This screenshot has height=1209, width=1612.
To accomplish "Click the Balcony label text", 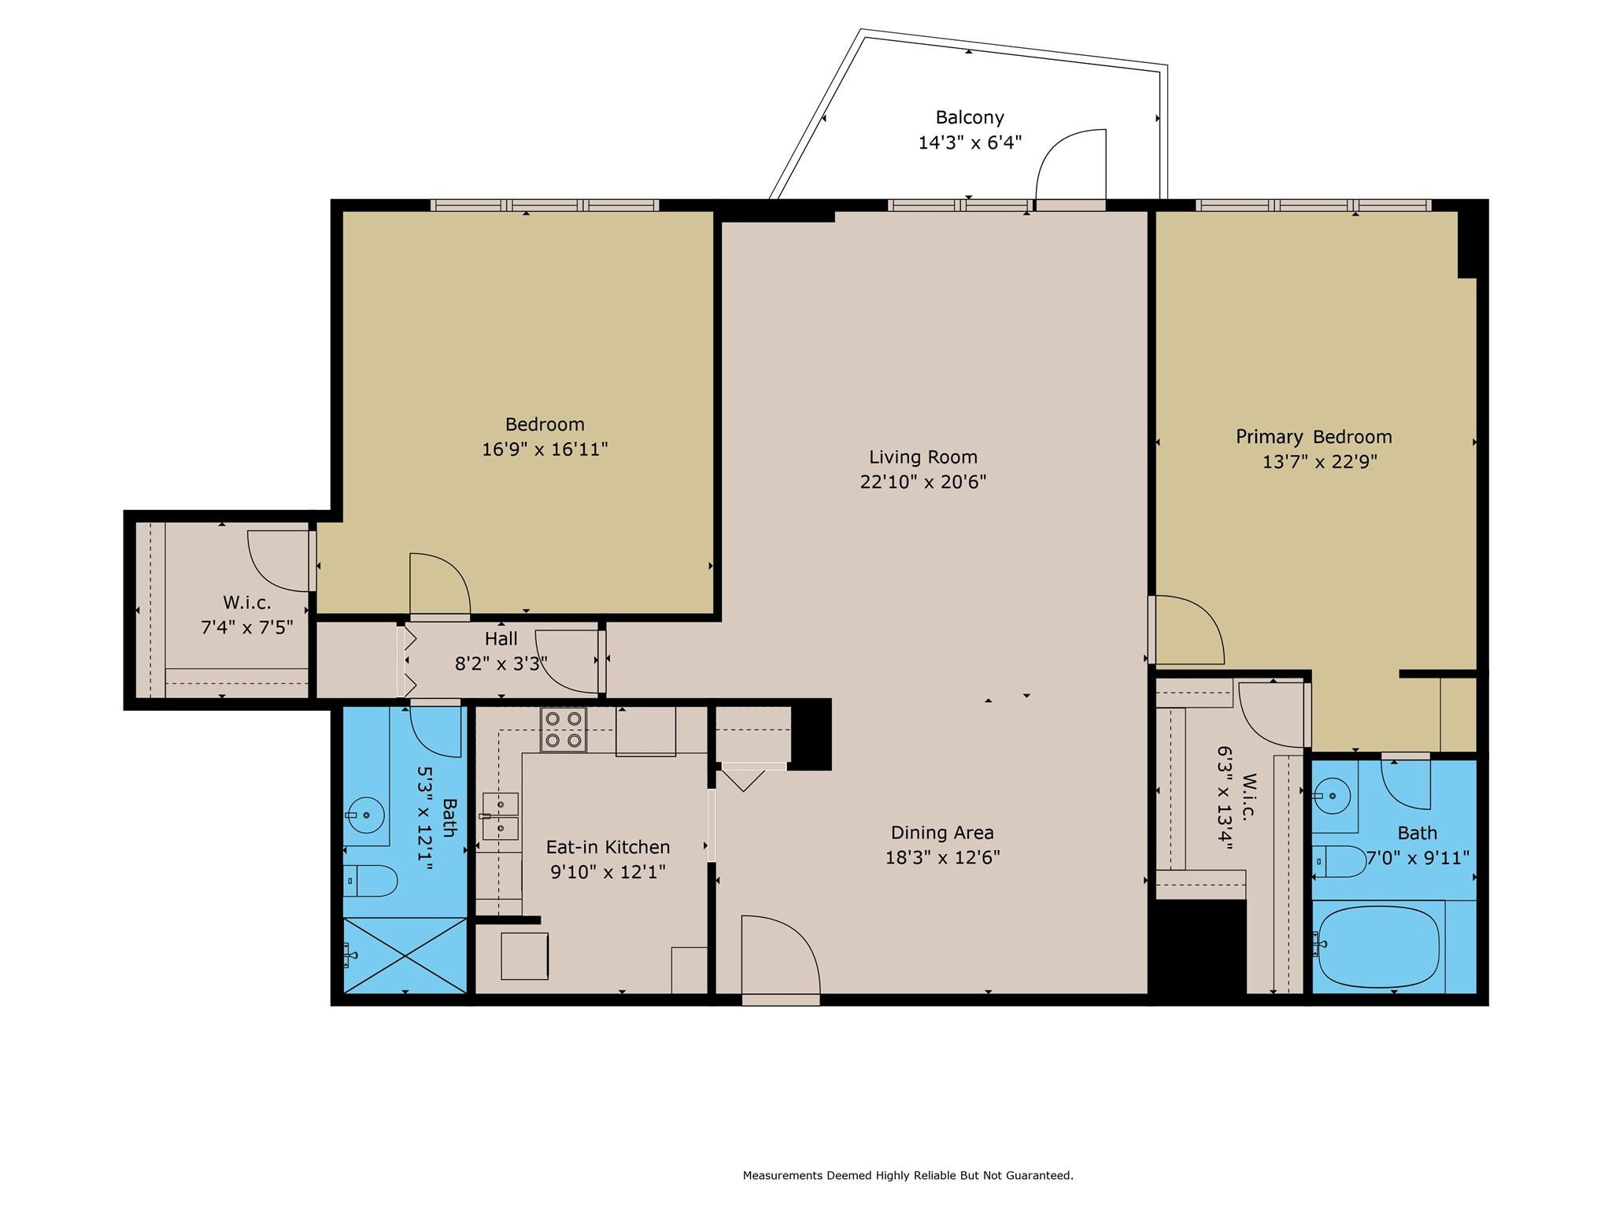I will (x=970, y=118).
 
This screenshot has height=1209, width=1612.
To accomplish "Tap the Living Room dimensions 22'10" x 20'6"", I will (x=922, y=482).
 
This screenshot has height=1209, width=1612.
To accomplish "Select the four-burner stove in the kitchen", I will (x=563, y=730).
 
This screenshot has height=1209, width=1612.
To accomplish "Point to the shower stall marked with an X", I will (x=405, y=955).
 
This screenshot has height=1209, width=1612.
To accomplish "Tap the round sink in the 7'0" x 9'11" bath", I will (x=1332, y=796).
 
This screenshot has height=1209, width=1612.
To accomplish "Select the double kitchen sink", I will (x=501, y=816).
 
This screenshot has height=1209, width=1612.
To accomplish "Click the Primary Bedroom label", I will (x=1313, y=437).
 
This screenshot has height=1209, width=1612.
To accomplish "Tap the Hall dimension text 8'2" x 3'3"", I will (x=501, y=664).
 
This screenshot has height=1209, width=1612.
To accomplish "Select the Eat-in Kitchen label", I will (x=608, y=847).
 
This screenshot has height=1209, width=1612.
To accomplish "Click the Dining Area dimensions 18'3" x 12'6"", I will (x=942, y=857).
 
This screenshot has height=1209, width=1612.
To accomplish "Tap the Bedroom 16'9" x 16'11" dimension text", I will (x=545, y=449).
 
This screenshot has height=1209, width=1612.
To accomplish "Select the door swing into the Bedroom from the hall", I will (x=438, y=585).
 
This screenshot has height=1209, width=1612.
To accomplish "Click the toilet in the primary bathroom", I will (x=1341, y=861).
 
